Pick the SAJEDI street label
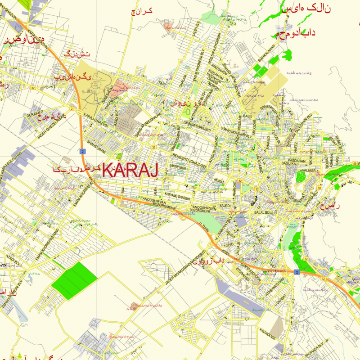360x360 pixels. [x=225, y=205]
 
